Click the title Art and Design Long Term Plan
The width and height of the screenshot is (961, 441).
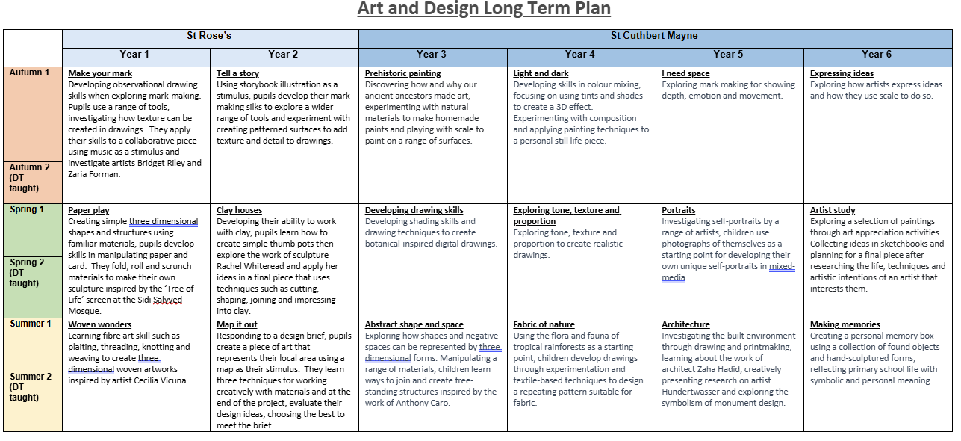click(484, 9)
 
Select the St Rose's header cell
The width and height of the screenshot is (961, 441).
click(211, 36)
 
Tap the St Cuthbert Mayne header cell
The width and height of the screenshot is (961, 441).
click(655, 36)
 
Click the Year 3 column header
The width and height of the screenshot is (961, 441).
click(432, 54)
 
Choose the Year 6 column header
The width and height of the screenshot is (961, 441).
click(877, 54)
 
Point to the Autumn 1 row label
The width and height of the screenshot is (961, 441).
click(30, 73)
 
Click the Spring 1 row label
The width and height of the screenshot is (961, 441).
click(27, 209)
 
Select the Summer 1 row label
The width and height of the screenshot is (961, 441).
click(31, 324)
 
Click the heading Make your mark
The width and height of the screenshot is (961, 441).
click(100, 73)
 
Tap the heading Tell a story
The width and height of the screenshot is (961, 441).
click(238, 73)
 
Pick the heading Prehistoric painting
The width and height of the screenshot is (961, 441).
click(402, 73)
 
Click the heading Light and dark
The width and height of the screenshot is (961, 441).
click(541, 73)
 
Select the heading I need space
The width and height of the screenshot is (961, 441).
click(685, 73)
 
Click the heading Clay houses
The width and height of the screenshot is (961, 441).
click(239, 210)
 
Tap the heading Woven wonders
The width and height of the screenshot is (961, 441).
click(99, 324)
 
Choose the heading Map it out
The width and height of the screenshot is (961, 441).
click(237, 324)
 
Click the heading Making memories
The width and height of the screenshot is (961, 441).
click(845, 324)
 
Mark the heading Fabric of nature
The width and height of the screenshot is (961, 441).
click(544, 324)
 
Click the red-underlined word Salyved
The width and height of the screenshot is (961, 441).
click(167, 300)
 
